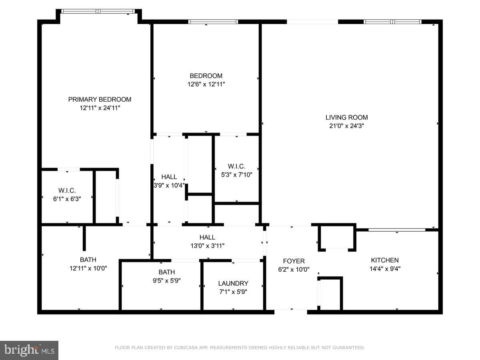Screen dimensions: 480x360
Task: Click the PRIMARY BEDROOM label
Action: click(100, 100)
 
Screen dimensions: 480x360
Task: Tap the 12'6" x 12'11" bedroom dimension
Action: click(206, 84)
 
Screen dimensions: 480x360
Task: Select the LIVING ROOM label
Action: click(347, 117)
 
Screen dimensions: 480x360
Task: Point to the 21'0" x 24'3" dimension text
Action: click(347, 126)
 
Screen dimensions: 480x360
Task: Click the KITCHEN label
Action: click(385, 260)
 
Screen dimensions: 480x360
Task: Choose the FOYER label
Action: click(294, 261)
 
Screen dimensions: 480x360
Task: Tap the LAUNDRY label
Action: click(233, 283)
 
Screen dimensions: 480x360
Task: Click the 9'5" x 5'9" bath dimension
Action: click(167, 280)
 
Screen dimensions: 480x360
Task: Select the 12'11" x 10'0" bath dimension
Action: click(88, 268)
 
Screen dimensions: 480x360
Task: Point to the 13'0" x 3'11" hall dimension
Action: click(207, 246)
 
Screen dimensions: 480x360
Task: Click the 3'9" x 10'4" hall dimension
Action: click(169, 185)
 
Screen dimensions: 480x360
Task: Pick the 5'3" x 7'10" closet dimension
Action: click(237, 175)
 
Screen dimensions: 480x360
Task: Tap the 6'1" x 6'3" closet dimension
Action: click(67, 199)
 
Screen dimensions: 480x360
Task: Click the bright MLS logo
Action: click(29, 350)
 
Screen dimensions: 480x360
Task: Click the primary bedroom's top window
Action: click(98, 11)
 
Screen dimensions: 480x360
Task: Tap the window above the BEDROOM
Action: click(213, 22)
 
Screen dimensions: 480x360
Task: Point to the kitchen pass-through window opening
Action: click(397, 230)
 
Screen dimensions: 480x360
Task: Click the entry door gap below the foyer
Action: click(291, 312)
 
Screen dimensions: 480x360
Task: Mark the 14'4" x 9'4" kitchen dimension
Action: click(385, 269)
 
